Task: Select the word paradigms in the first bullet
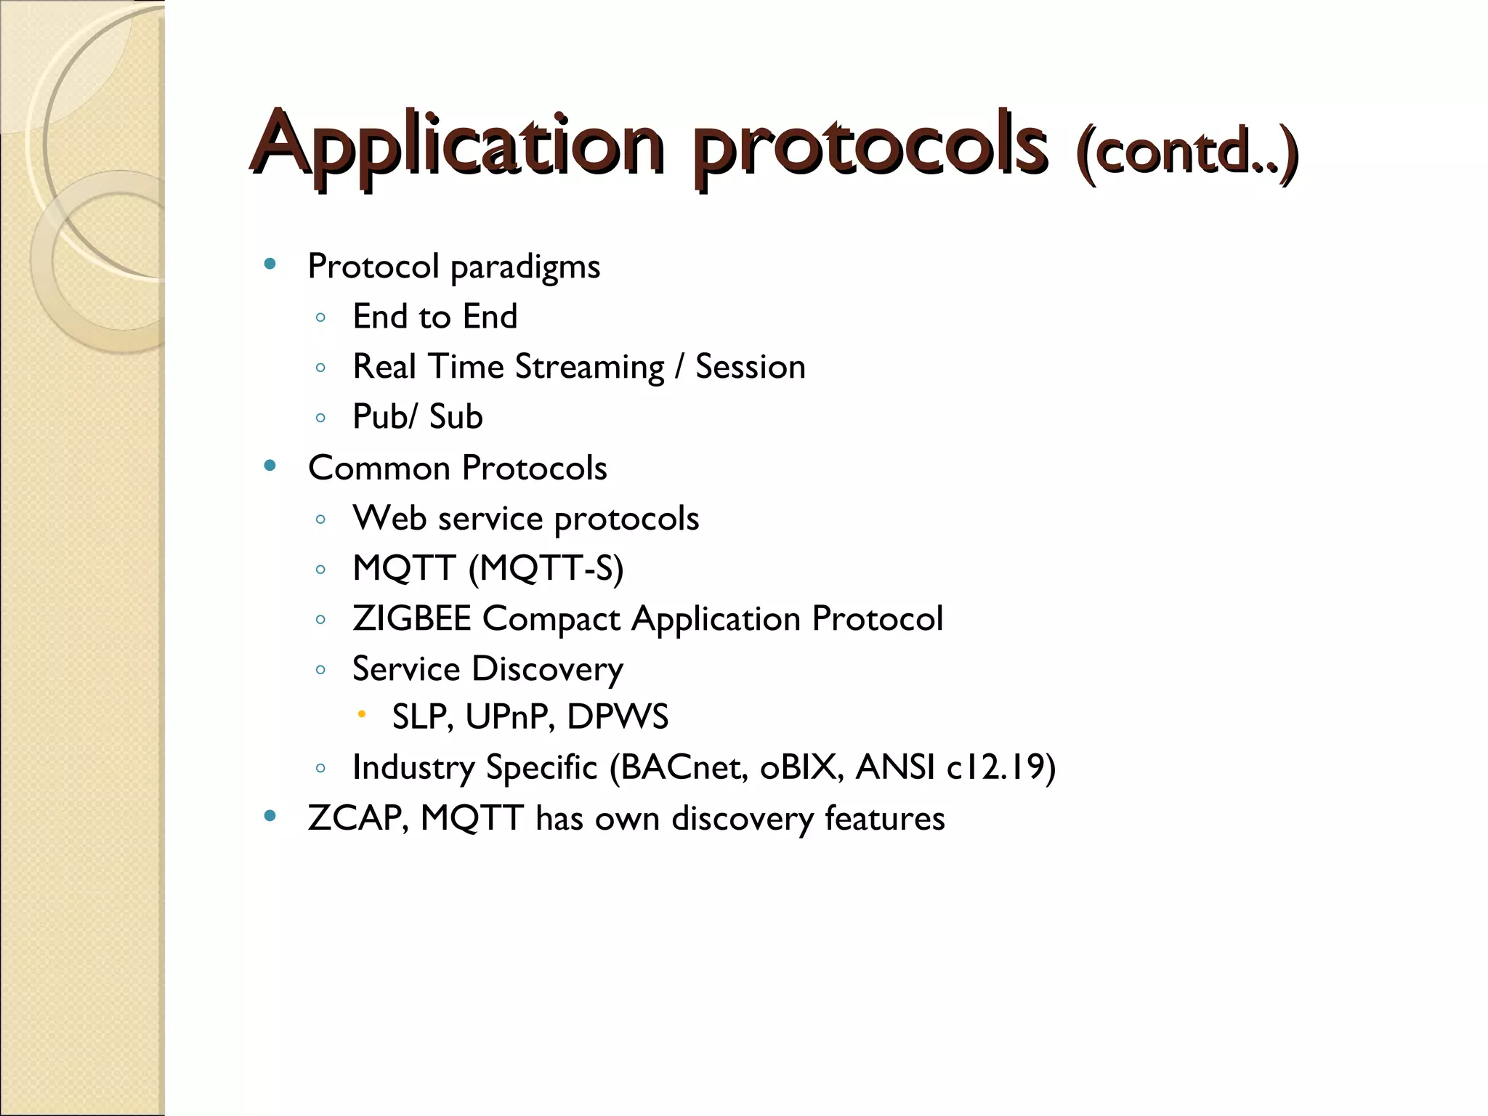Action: pos(525,267)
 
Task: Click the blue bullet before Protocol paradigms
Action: pos(270,264)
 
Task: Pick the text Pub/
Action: pos(386,417)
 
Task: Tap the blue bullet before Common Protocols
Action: pos(270,466)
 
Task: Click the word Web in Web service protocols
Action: pos(389,518)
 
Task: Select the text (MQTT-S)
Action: pos(546,568)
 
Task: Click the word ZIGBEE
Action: pos(411,619)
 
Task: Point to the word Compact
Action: pos(551,620)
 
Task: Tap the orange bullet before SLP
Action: pos(361,715)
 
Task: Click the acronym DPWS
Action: pos(617,717)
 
